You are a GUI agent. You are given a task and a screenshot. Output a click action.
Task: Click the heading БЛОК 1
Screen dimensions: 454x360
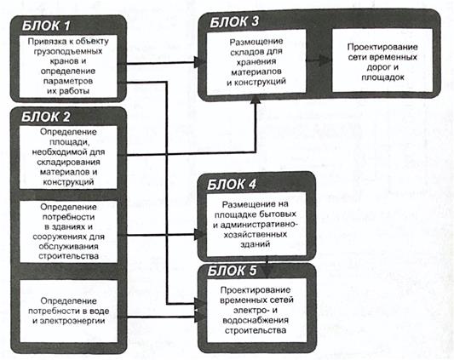pyautogui.click(x=46, y=26)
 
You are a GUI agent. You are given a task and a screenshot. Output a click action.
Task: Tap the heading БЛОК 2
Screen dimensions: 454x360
pyautogui.click(x=46, y=117)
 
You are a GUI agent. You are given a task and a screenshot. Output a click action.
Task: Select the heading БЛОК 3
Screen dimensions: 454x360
pyautogui.click(x=234, y=22)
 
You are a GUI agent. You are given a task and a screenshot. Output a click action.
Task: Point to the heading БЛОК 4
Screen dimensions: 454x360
pyautogui.click(x=232, y=185)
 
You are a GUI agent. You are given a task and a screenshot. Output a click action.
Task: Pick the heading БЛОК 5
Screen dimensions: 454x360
pyautogui.click(x=233, y=271)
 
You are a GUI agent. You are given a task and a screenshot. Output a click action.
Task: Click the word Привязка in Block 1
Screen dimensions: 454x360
pyautogui.click(x=43, y=42)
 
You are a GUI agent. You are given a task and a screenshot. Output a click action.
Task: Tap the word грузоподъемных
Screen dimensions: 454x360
pyautogui.click(x=68, y=52)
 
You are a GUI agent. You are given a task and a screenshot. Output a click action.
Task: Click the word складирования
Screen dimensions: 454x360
pyautogui.click(x=69, y=162)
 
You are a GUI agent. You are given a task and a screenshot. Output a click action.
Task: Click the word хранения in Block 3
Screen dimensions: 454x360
pyautogui.click(x=256, y=62)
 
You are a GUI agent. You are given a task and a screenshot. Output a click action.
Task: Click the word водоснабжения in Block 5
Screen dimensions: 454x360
pyautogui.click(x=256, y=320)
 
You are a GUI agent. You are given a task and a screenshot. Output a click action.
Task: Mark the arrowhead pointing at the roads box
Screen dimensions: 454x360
pyautogui.click(x=325, y=60)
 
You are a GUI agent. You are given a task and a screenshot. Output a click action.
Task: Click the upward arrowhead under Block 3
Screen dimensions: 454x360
pyautogui.click(x=256, y=100)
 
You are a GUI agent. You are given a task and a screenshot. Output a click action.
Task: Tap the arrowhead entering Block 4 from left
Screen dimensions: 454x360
pyautogui.click(x=200, y=234)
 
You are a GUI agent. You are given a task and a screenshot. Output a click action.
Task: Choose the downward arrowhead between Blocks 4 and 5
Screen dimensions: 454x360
pyautogui.click(x=267, y=271)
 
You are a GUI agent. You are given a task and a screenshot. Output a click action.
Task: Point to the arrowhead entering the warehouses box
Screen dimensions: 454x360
pyautogui.click(x=200, y=62)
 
